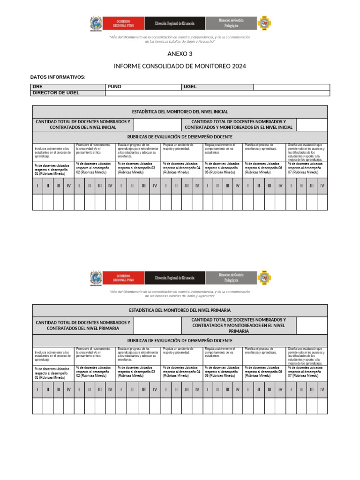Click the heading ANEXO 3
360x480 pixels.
180,54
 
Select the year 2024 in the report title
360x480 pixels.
238,66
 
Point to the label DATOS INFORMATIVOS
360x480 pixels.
58,76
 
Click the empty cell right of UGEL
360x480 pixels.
291,87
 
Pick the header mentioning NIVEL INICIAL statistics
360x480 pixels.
180,112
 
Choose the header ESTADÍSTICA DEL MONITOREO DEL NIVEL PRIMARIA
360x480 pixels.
180,310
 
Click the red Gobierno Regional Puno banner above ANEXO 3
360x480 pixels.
123,23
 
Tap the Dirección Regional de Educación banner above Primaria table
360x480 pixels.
175,278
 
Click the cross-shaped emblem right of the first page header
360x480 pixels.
265,23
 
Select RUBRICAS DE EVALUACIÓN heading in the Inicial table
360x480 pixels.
180,136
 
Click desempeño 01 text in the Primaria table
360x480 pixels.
52,373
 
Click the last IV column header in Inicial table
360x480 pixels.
322,186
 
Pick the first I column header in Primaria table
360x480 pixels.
37,389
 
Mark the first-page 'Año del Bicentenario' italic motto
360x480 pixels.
180,39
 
